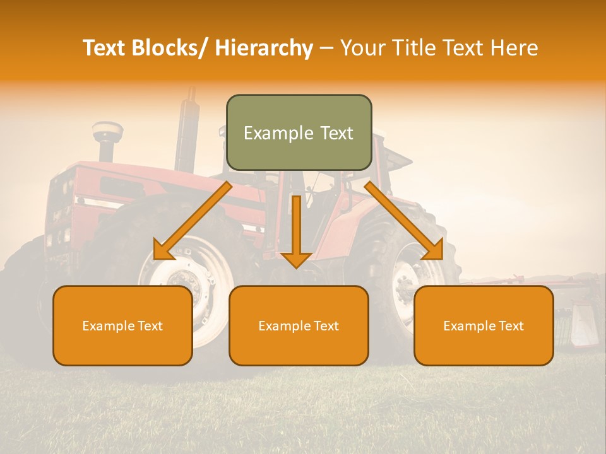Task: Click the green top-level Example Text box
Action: coord(299,132)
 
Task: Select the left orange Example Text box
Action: coord(122,325)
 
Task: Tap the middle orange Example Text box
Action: coord(299,325)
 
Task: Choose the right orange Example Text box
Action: coord(484,325)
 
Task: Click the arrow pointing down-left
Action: coord(193,221)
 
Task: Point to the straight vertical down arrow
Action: coord(296,231)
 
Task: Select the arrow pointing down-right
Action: coord(404,221)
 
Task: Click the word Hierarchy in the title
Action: coord(264,48)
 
